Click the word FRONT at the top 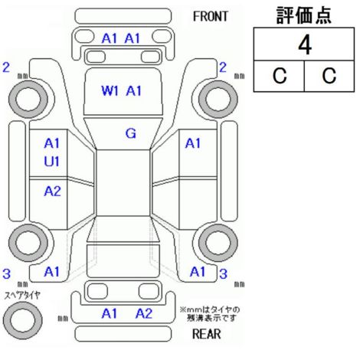(x=210, y=17)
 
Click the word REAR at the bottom (x=206, y=334)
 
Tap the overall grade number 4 (x=305, y=45)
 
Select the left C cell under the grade (x=280, y=76)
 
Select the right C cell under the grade (x=329, y=76)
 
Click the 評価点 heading (x=304, y=15)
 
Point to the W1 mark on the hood (x=110, y=91)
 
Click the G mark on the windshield (x=131, y=133)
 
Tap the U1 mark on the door (x=52, y=162)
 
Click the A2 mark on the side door (x=52, y=191)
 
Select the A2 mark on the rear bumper (x=144, y=313)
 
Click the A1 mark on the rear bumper (x=110, y=313)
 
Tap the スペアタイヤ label (x=22, y=296)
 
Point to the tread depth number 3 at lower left (x=7, y=273)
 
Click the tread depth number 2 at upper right (x=223, y=67)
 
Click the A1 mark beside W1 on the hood (x=133, y=91)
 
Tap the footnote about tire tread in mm (x=210, y=314)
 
